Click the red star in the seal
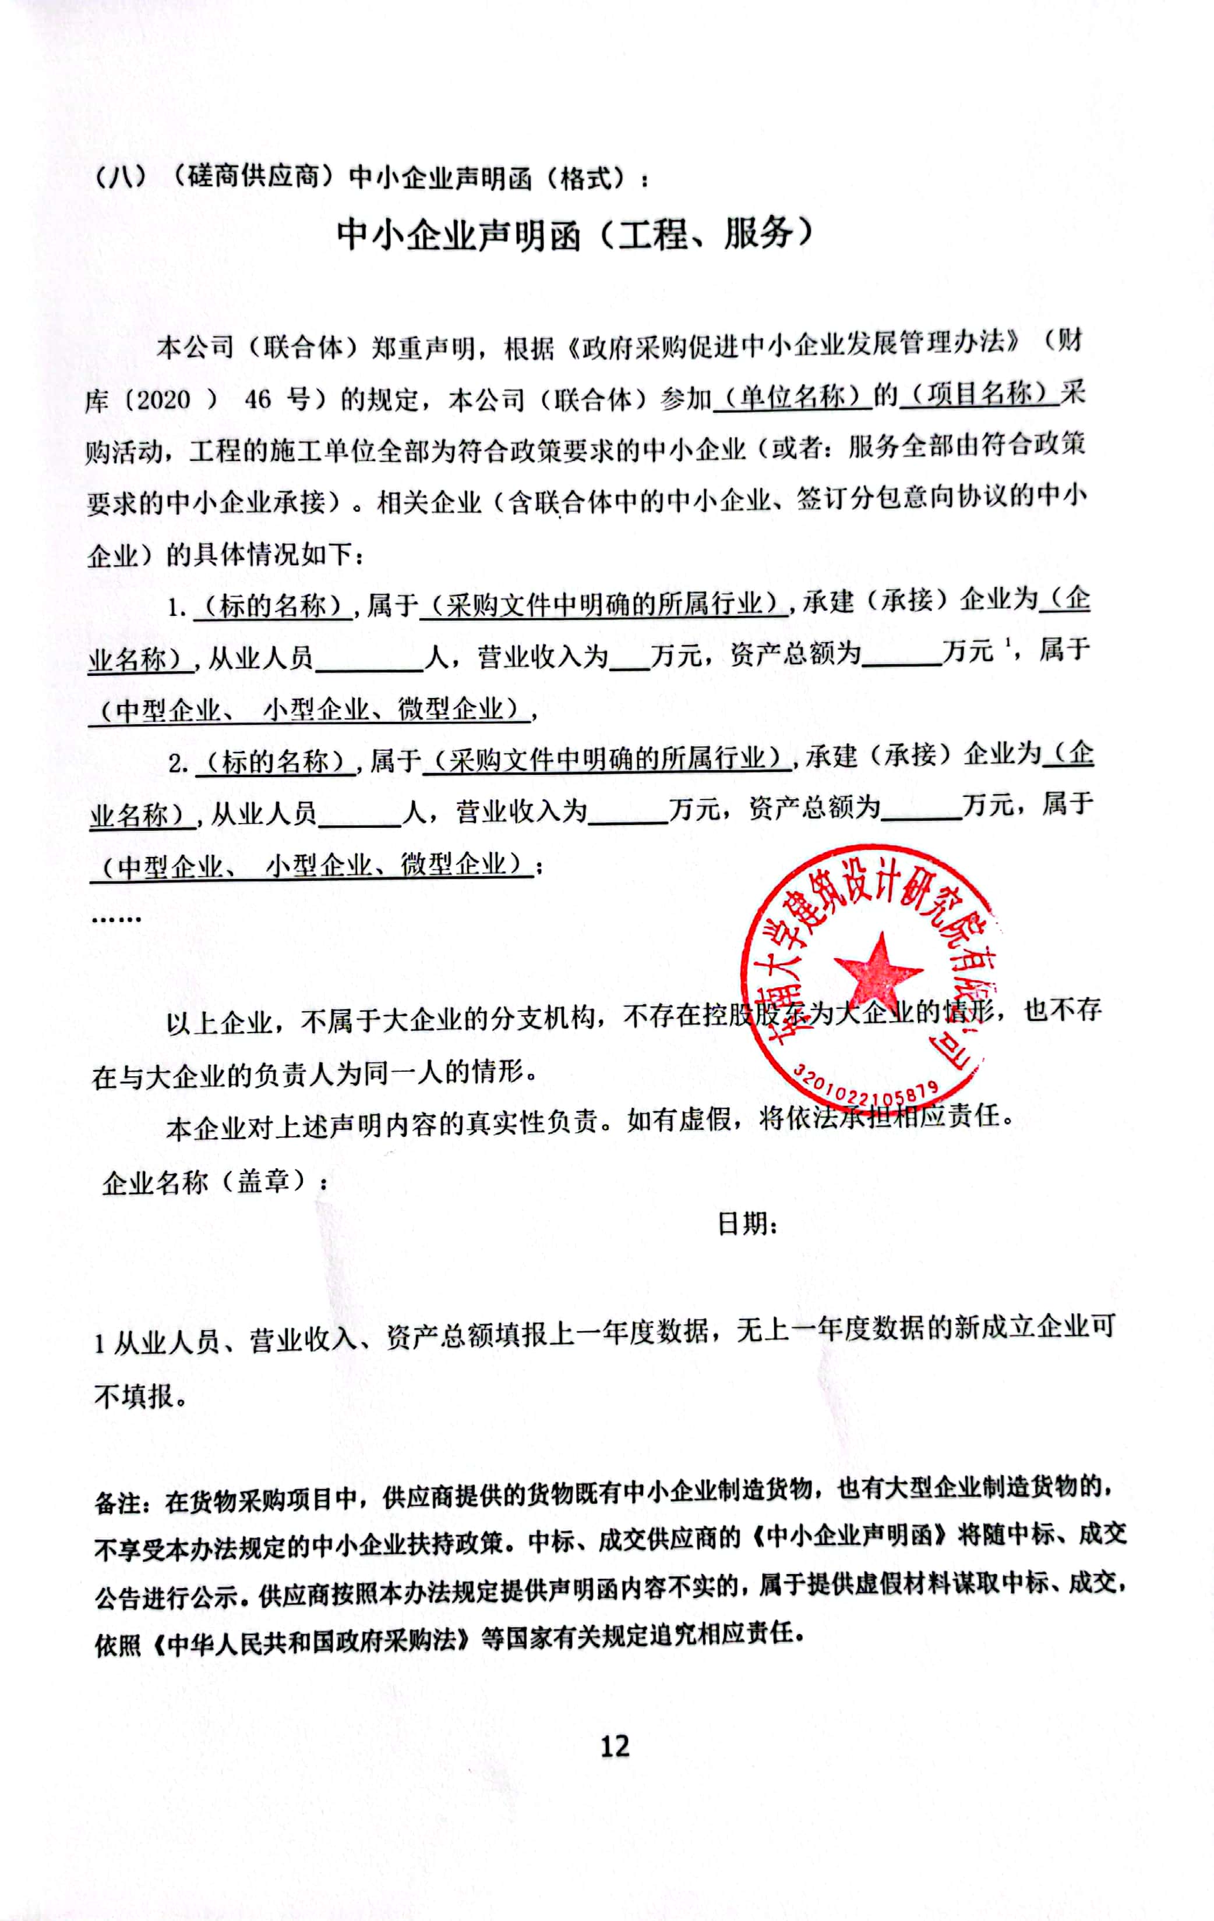[x=877, y=970]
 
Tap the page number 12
[x=615, y=1746]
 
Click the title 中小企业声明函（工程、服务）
[x=575, y=234]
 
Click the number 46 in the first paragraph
[x=258, y=399]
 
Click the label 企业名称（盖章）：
[x=214, y=1182]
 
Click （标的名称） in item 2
[x=276, y=761]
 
